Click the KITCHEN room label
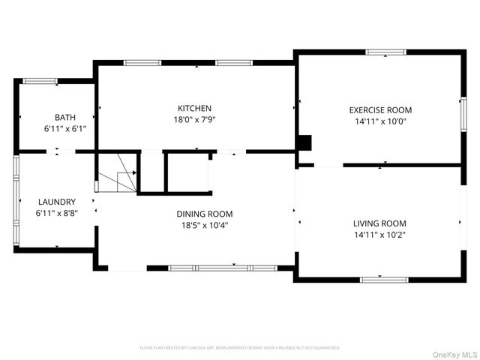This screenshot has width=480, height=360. pos(194,108)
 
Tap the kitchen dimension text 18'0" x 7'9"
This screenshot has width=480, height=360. pos(194,119)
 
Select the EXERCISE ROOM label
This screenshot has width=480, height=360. pos(380,109)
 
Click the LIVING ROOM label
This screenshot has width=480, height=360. pos(379,223)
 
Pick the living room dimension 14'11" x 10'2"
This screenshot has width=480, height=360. pos(379,235)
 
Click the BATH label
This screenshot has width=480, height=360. pos(64,117)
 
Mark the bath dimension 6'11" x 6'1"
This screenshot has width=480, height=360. pos(64,128)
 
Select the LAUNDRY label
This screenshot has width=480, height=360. pos(56,202)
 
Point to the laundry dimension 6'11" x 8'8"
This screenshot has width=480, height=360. pos(56,213)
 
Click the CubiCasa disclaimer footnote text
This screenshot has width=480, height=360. pos(240,348)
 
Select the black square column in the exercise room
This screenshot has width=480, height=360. pos(304,142)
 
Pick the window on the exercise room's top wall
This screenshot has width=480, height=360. pos(386,52)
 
